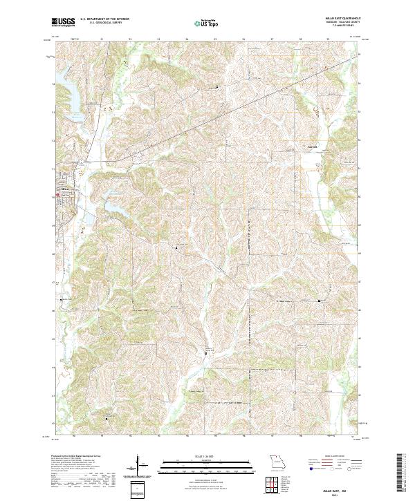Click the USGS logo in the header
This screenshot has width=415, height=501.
63,22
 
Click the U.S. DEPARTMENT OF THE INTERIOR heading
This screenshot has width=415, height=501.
109,19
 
